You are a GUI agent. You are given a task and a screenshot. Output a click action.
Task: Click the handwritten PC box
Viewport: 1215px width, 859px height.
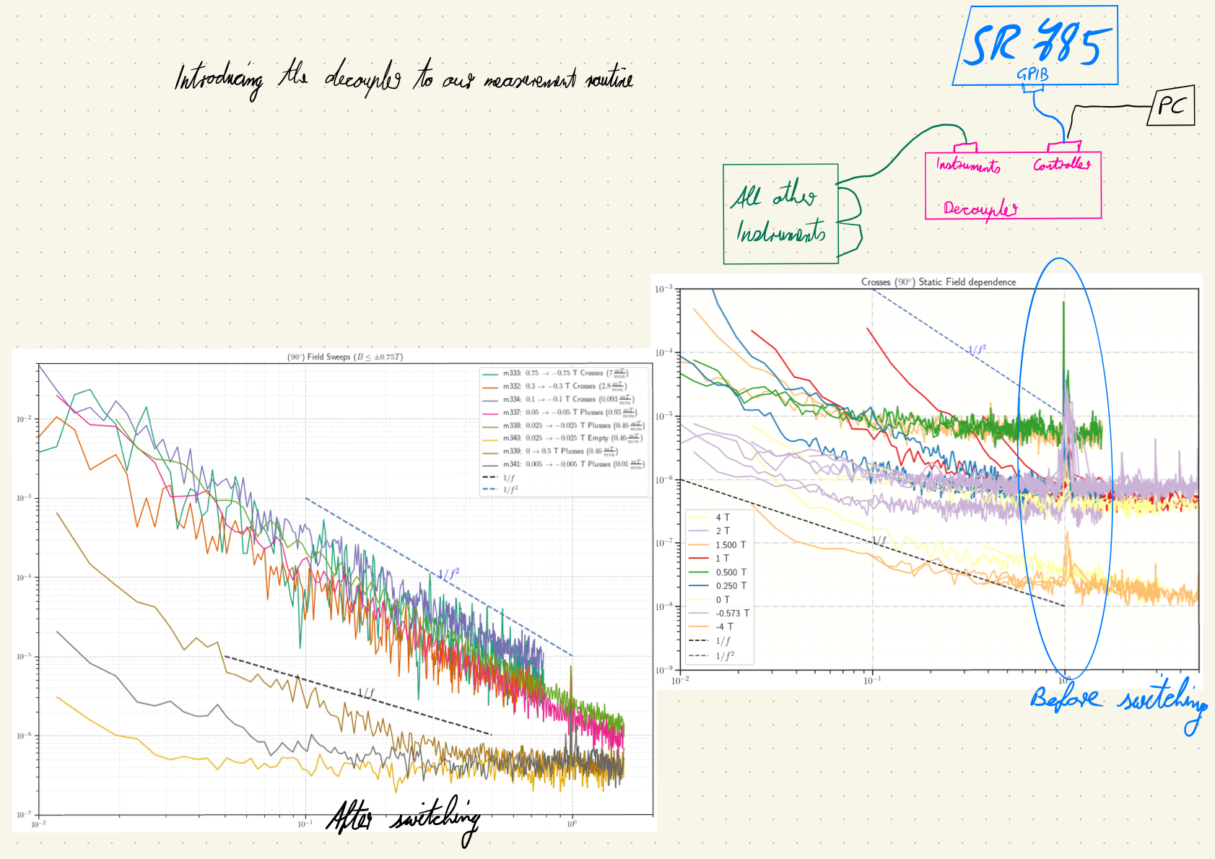1170,106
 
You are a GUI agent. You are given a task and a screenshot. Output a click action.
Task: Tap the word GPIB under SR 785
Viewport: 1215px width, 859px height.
1032,74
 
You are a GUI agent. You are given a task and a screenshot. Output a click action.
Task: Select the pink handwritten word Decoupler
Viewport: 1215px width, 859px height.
980,209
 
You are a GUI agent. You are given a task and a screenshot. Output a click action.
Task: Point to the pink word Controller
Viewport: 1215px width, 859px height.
1061,165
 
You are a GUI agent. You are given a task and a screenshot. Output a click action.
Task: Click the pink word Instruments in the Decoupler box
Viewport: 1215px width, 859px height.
967,165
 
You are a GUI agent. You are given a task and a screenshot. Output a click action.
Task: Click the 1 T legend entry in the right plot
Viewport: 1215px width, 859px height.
722,558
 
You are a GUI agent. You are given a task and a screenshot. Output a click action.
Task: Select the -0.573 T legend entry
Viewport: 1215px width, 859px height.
732,613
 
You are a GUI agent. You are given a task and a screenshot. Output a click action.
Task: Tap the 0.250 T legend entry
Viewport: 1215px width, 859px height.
731,585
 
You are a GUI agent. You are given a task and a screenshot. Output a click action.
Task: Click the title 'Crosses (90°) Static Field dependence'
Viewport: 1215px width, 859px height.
938,282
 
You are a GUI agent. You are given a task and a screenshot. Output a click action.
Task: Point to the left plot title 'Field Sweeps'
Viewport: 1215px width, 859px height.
344,357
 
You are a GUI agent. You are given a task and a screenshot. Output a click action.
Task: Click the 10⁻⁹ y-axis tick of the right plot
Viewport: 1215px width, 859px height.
663,670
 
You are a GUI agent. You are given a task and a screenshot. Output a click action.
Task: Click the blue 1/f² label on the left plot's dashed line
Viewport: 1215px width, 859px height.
448,575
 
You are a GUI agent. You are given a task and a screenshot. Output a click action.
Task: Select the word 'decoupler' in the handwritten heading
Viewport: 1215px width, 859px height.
362,78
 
